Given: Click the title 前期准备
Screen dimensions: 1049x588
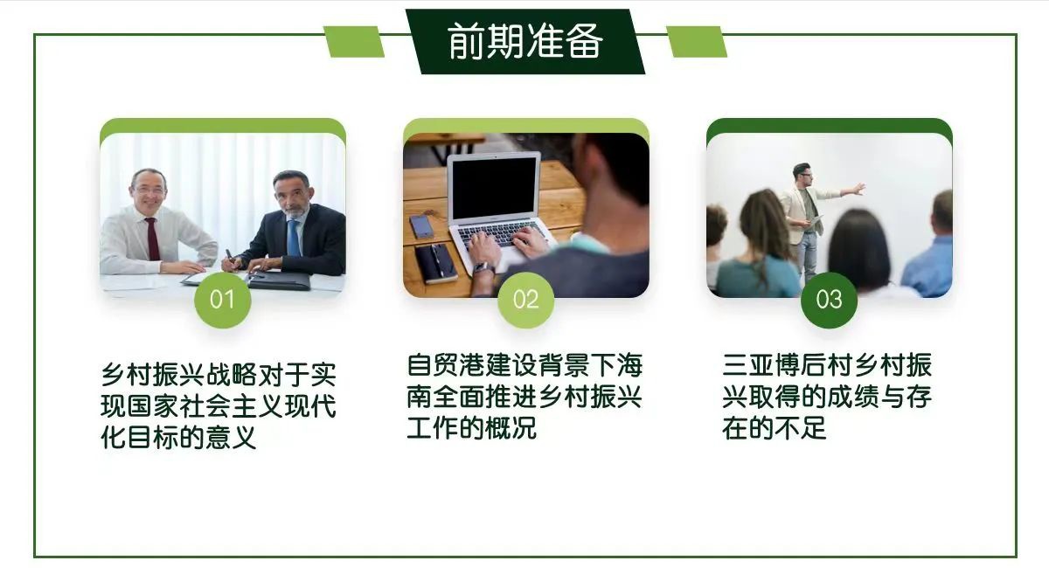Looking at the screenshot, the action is tap(525, 41).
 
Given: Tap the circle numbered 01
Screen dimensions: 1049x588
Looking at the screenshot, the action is tap(222, 300).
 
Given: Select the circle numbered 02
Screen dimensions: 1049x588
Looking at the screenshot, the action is tap(525, 300).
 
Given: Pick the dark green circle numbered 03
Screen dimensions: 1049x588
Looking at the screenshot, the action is tap(829, 300).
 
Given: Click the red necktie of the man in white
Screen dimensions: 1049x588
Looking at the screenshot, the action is tap(153, 239).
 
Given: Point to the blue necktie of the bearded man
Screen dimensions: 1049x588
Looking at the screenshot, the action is tap(294, 238).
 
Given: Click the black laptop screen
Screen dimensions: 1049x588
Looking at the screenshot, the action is tap(494, 188).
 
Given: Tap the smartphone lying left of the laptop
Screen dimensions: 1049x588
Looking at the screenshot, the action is tap(421, 226).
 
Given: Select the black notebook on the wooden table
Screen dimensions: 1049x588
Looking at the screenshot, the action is tap(435, 263).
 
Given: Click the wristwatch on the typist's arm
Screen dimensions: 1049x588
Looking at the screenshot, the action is tap(483, 268).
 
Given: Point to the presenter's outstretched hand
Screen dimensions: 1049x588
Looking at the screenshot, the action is tap(858, 189).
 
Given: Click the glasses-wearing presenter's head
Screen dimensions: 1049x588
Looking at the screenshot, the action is tap(802, 175).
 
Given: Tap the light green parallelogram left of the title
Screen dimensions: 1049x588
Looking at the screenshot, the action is tap(354, 42).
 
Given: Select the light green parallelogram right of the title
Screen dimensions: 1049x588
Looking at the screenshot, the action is tap(697, 42).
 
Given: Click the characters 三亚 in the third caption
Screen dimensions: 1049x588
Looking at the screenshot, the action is tap(748, 365).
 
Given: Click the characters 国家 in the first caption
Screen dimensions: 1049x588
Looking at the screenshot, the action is tap(152, 406).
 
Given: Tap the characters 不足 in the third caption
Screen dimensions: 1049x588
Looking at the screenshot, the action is tap(800, 428).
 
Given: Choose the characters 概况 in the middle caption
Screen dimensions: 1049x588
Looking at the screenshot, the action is tap(511, 428).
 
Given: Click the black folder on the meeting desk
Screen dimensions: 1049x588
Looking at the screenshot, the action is tap(279, 280).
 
